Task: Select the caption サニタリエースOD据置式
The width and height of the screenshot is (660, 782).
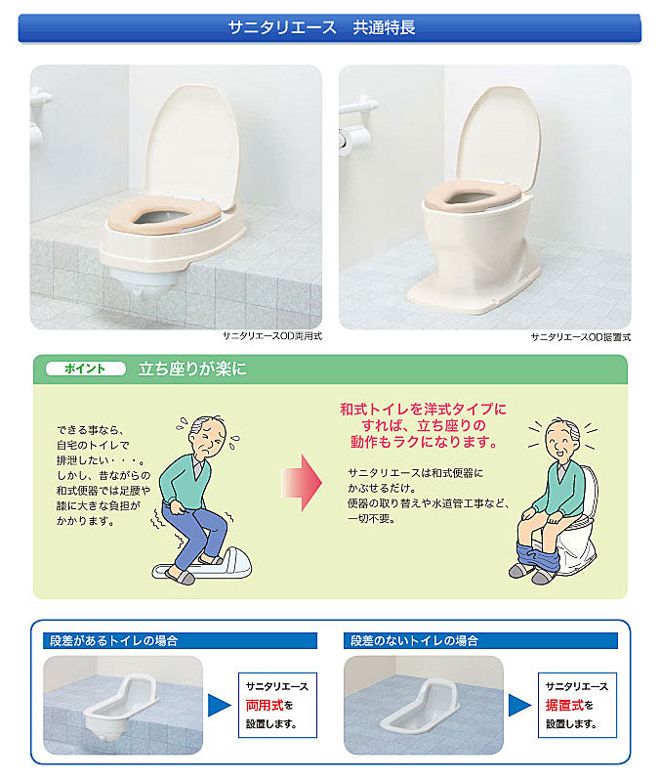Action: (582, 336)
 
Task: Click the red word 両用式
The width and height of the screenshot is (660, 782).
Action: (265, 705)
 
